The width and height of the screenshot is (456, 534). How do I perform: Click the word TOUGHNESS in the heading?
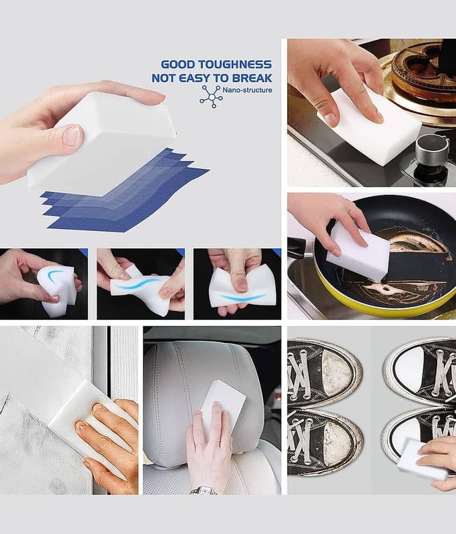235,64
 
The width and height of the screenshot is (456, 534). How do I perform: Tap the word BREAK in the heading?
252,78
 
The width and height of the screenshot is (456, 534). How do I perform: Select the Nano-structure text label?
247,90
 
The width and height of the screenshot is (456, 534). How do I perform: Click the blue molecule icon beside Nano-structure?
212,97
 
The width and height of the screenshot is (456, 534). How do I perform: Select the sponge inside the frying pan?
358,252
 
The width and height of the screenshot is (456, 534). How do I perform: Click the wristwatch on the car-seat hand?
204,491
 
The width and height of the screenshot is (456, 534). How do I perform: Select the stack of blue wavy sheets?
124,192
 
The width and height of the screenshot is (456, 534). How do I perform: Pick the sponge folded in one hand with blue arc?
56,290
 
